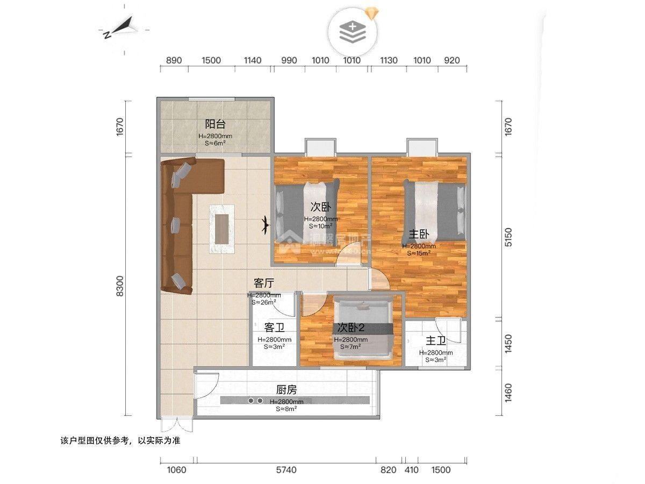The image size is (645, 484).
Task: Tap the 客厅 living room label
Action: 264,283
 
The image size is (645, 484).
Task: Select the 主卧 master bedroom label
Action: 419,234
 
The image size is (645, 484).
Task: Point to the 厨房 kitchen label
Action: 286,390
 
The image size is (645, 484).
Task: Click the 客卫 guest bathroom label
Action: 274,328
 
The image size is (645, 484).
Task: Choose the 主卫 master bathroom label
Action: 436,341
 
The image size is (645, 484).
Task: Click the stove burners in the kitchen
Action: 255,401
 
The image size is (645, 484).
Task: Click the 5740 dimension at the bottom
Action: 286,470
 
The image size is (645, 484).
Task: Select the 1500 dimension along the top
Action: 212,60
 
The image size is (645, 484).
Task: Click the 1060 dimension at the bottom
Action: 176,470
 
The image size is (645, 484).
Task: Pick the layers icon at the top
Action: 353,32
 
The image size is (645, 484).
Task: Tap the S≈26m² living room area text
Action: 264,302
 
